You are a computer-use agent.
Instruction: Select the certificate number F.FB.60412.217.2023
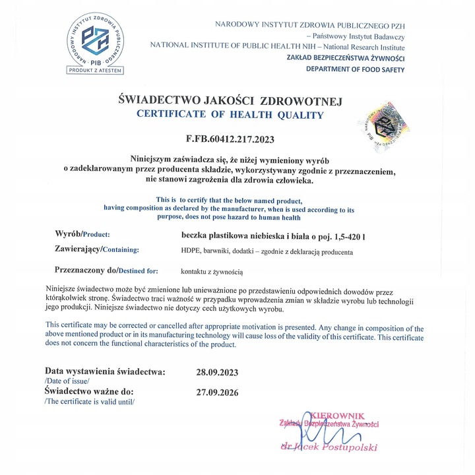(x=229, y=139)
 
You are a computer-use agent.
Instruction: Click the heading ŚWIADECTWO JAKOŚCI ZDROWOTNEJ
(x=229, y=101)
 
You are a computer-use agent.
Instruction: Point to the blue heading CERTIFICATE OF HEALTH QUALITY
(x=230, y=115)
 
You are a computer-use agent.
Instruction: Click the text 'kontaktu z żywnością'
(x=212, y=270)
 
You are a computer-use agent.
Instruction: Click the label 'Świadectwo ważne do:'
(x=90, y=392)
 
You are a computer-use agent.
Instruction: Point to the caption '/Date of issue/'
(x=67, y=381)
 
